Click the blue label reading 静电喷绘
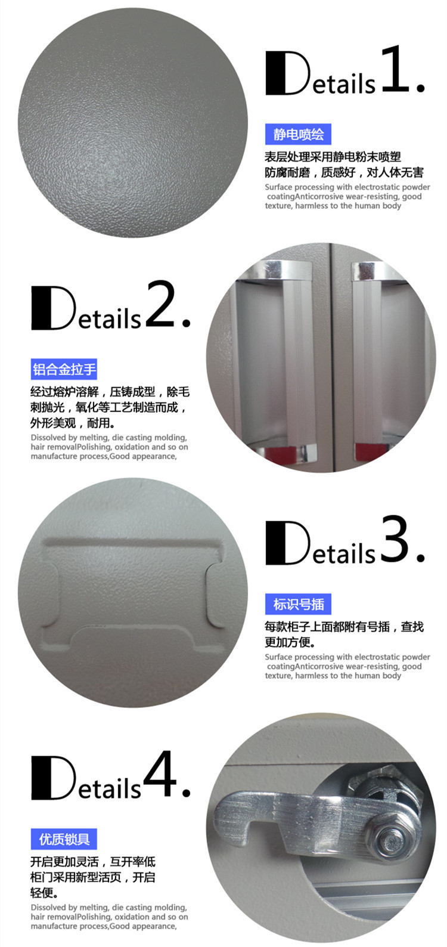[x=298, y=134]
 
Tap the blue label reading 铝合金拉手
[x=64, y=369]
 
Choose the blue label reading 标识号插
[x=298, y=604]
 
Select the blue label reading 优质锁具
[x=64, y=839]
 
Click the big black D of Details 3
[x=288, y=543]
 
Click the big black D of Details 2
[x=53, y=308]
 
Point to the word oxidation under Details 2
[x=132, y=447]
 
